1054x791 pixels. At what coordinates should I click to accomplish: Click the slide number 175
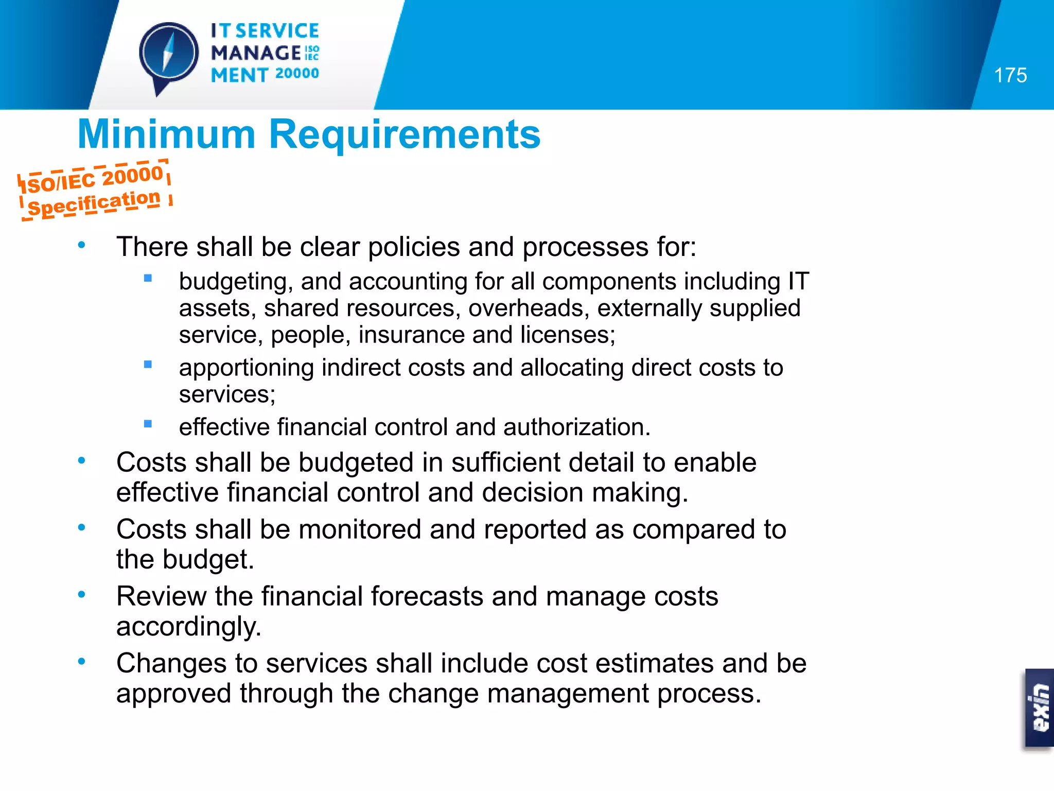click(1010, 76)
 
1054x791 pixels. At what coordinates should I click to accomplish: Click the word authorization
click(576, 427)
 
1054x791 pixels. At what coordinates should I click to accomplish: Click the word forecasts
click(427, 596)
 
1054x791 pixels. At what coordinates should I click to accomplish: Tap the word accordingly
click(189, 627)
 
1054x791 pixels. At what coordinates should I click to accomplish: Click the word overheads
click(529, 308)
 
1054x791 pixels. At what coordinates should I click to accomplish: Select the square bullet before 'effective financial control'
click(148, 424)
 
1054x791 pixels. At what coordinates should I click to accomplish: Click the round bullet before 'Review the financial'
click(81, 595)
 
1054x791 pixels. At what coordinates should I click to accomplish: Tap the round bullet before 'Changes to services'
click(81, 662)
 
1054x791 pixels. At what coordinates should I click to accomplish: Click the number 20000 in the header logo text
click(297, 74)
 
